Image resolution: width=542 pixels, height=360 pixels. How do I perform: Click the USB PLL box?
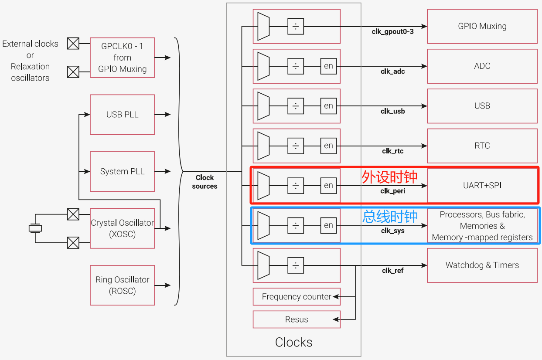[x=123, y=115]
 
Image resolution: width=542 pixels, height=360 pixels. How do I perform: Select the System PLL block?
[x=123, y=171]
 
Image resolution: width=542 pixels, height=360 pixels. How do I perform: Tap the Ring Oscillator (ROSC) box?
[x=123, y=285]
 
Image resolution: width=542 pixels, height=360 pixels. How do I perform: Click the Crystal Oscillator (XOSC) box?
[x=123, y=228]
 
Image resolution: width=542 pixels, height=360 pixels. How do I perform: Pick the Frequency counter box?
[x=297, y=297]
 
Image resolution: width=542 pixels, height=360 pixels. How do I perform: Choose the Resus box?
[x=297, y=319]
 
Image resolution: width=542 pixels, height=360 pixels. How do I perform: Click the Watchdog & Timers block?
[x=482, y=265]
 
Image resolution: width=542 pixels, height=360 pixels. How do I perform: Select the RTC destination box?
[x=482, y=146]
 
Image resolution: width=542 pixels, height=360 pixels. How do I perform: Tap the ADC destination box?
[x=482, y=66]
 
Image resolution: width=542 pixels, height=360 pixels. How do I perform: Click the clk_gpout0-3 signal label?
[x=393, y=32]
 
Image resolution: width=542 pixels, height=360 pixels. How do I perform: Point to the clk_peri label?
[x=393, y=191]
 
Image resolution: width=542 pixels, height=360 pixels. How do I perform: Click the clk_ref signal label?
[x=393, y=271]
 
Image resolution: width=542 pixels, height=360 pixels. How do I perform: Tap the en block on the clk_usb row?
[x=329, y=106]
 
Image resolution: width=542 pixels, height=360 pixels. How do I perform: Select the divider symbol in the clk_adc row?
[x=296, y=66]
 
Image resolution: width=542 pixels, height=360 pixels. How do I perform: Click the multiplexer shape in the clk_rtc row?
[x=263, y=146]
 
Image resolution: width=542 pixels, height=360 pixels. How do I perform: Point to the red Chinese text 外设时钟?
[x=389, y=177]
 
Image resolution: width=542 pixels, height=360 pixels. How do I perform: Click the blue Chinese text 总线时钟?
[x=390, y=216]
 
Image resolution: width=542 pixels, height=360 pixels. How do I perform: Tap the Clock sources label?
[x=205, y=182]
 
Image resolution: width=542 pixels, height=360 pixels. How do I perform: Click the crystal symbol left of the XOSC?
[x=35, y=228]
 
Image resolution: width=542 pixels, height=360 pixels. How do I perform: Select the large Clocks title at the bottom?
[x=294, y=343]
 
